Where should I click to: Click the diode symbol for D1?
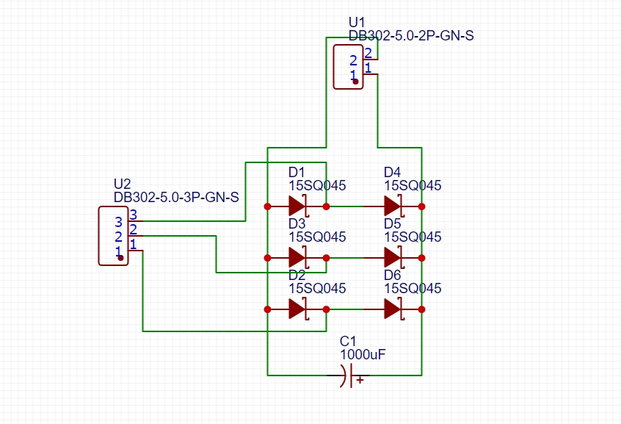[x=297, y=206]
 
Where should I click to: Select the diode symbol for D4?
[x=393, y=206]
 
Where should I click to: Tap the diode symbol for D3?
[x=297, y=257]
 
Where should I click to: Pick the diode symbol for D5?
[x=393, y=257]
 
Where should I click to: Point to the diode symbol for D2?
[x=297, y=309]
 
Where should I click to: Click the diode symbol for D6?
[x=393, y=309]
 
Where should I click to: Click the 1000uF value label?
[x=362, y=354]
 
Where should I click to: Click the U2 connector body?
[x=113, y=235]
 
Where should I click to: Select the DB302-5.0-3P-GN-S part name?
[x=176, y=197]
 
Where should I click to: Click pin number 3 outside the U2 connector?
[x=133, y=215]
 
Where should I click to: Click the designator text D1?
[x=297, y=172]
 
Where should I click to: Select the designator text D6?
[x=392, y=275]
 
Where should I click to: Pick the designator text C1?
[x=347, y=342]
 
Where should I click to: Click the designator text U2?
[x=122, y=184]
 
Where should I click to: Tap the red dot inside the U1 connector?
[x=355, y=82]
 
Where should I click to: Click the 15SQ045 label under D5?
[x=413, y=237]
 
